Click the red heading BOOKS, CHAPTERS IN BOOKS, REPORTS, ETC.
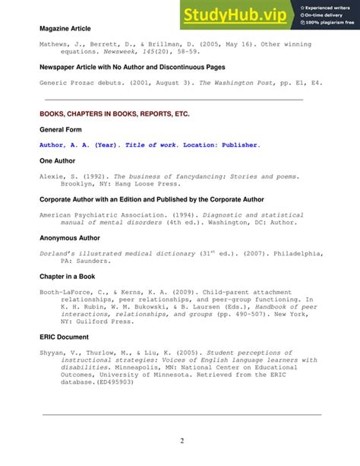coord(114,113)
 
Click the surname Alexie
coord(53,176)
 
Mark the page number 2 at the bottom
coord(182,442)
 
